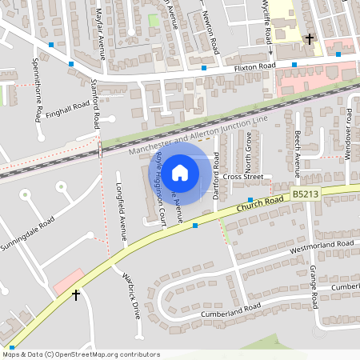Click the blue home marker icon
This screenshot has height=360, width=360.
(180, 172)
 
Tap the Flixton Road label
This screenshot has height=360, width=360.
(254, 67)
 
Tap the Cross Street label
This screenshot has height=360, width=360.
(242, 177)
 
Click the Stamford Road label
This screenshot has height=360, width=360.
(95, 103)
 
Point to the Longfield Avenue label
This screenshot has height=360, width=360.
(122, 218)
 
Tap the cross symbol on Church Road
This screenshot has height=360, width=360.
(76, 295)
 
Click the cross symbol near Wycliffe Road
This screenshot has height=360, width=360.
(310, 38)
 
